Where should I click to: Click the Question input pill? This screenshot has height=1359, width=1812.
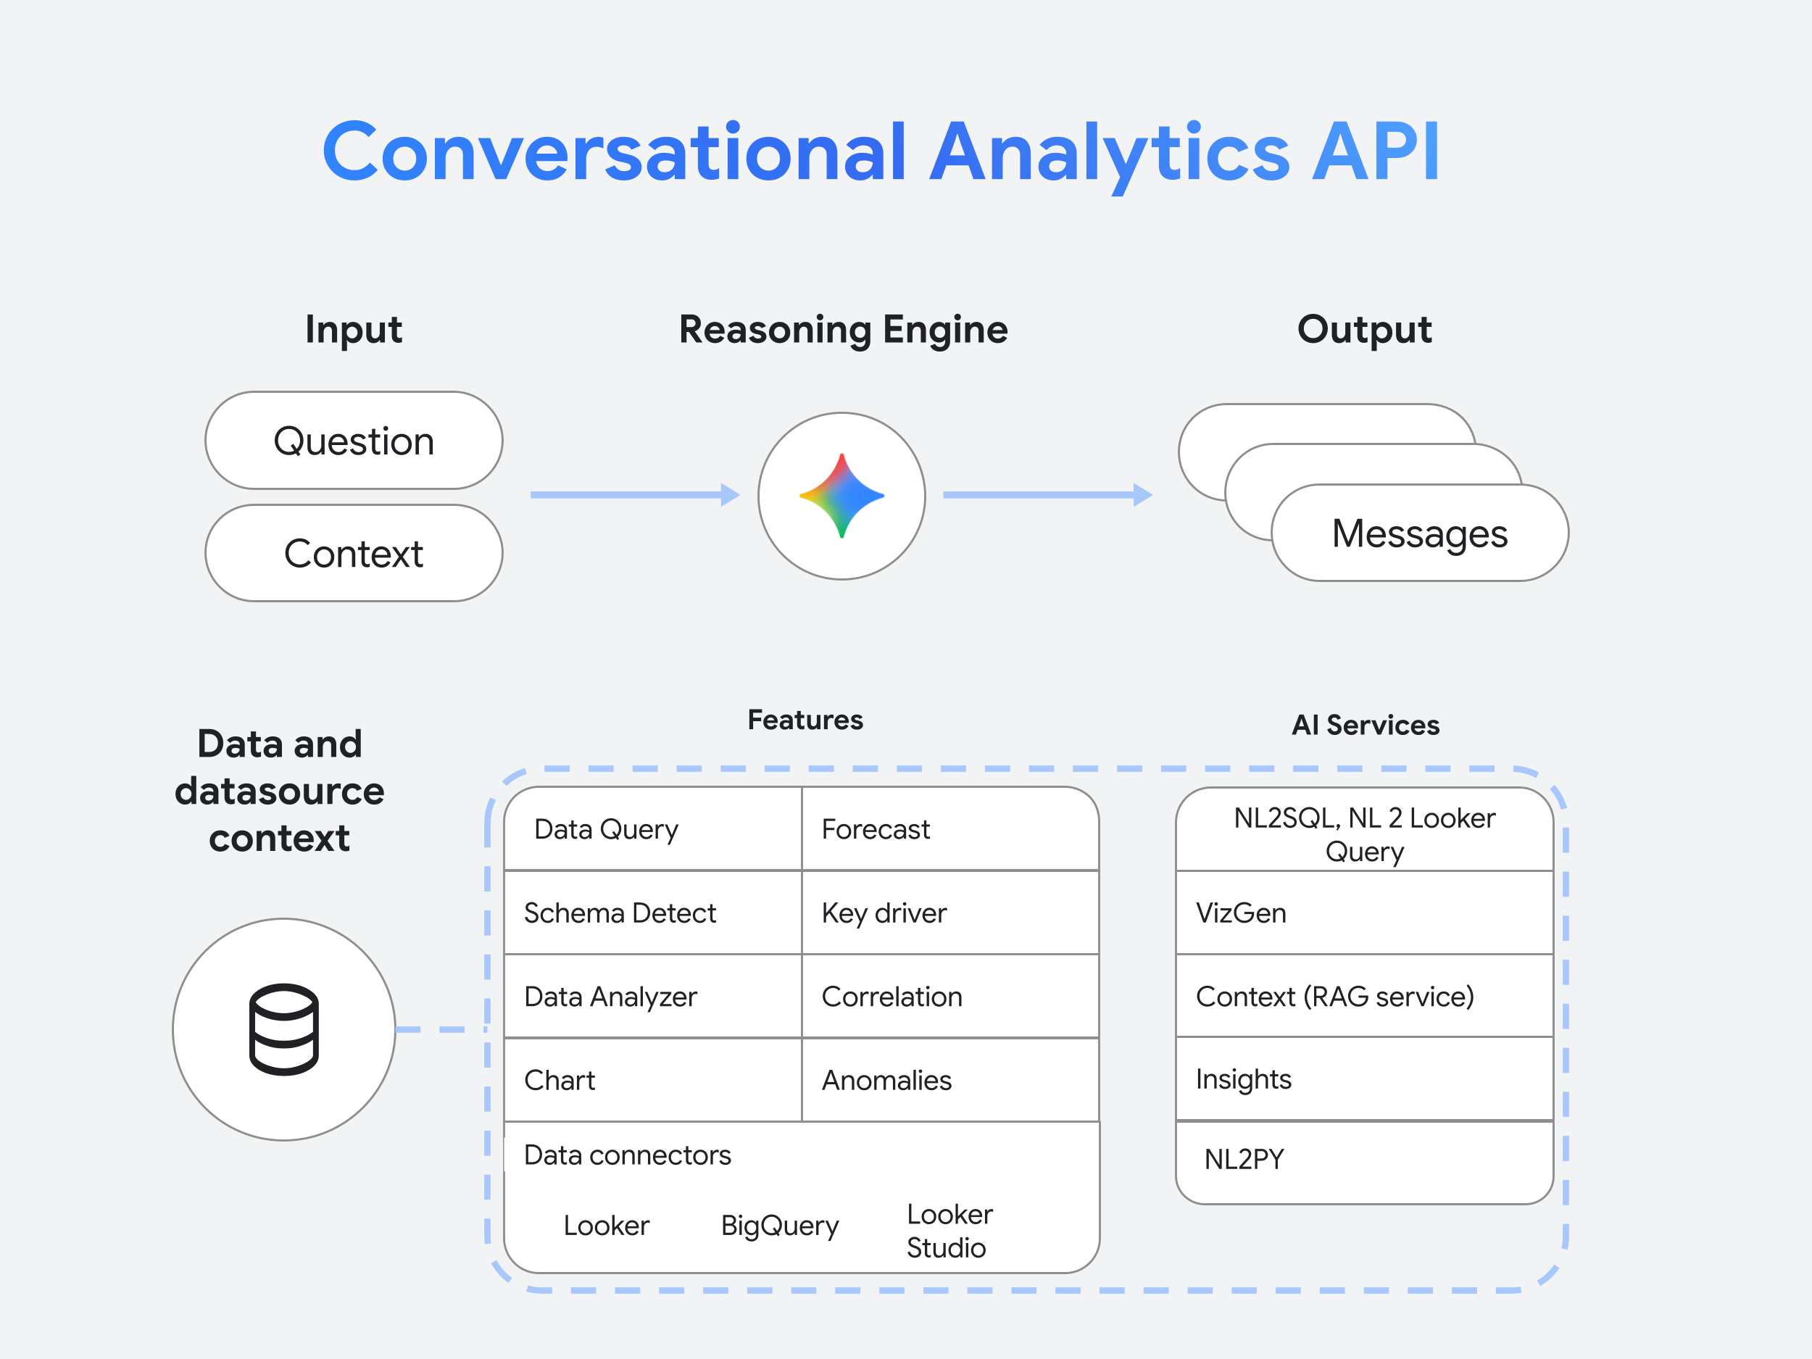[353, 441]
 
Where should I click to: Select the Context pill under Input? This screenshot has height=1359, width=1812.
[353, 554]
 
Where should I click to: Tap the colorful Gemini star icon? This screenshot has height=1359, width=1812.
[841, 496]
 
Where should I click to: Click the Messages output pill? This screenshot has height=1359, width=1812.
[1419, 533]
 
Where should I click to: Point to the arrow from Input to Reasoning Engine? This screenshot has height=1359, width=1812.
[635, 495]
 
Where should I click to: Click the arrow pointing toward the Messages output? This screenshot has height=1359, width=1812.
[1047, 495]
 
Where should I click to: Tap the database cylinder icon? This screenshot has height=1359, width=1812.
[283, 1029]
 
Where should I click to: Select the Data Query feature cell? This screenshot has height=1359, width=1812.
[652, 829]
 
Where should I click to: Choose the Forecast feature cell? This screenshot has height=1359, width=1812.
[949, 829]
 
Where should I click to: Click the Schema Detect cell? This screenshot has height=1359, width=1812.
[652, 913]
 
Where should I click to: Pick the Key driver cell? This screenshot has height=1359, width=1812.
[949, 913]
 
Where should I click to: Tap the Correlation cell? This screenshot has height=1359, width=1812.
[949, 996]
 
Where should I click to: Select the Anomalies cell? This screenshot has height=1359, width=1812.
[949, 1080]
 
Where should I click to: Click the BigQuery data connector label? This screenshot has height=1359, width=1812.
[779, 1226]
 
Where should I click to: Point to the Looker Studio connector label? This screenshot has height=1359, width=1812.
[949, 1231]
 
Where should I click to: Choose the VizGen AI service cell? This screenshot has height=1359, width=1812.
[1364, 913]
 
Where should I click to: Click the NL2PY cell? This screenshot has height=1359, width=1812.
[1364, 1160]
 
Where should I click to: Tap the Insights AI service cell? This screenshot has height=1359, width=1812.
[1364, 1079]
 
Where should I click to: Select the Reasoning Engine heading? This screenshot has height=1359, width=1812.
[843, 329]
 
